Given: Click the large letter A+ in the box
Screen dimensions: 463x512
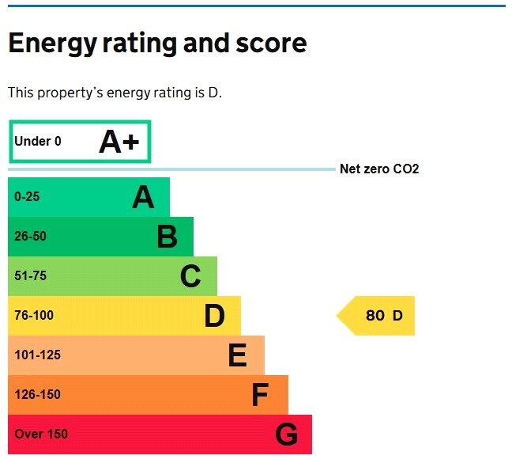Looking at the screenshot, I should [x=119, y=142].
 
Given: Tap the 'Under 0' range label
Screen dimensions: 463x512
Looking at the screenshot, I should [x=37, y=142].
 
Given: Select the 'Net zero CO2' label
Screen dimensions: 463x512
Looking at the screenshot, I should [x=379, y=169].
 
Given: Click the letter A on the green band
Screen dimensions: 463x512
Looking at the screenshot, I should [x=143, y=197].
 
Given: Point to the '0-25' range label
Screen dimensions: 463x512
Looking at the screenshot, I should [x=26, y=197].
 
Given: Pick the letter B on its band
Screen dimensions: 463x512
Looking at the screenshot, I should [x=167, y=237].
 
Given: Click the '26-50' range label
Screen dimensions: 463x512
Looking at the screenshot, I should [x=30, y=237].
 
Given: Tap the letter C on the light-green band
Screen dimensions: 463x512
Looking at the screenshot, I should [x=190, y=276].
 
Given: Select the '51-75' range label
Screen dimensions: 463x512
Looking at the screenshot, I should [x=30, y=276].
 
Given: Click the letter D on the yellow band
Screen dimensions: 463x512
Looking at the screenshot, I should [x=214, y=316].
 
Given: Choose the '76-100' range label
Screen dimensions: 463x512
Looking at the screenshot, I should [x=34, y=316].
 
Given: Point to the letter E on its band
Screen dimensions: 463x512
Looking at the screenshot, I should [x=237, y=355].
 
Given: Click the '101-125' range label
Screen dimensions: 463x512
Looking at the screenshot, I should [x=37, y=355].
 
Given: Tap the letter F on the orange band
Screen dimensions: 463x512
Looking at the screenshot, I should [x=260, y=395].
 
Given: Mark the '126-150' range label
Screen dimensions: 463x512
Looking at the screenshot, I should [x=37, y=395].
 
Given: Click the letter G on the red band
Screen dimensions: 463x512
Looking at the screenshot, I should [x=286, y=435].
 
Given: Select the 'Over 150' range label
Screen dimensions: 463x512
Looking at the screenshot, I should [x=41, y=435].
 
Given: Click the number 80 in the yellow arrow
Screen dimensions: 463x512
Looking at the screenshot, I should [x=375, y=316].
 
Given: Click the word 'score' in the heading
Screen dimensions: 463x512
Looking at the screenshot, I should [x=268, y=43].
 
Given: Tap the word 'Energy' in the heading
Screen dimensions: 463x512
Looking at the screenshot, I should [x=51, y=44].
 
